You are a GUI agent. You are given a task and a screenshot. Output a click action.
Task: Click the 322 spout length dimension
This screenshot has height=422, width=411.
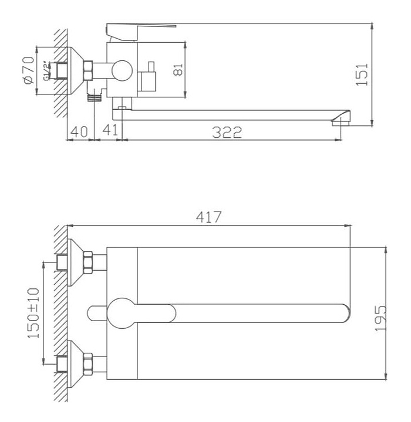tap(227, 132)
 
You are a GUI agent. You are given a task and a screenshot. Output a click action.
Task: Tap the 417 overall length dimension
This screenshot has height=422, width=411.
tap(209, 217)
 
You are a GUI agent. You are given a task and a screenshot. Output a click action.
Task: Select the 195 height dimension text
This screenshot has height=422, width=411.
tap(380, 318)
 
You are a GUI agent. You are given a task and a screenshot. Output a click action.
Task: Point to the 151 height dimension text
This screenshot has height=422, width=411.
tap(362, 74)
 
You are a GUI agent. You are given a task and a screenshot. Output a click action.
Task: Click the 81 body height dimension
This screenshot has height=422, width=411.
tap(178, 69)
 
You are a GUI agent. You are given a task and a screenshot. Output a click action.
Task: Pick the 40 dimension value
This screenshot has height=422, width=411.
tap(79, 131)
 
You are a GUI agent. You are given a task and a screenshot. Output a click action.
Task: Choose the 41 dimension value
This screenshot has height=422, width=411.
tap(110, 130)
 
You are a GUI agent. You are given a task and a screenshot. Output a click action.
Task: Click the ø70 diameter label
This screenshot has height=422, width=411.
tap(29, 70)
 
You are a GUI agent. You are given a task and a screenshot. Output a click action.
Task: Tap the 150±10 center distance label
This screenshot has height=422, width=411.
tap(33, 313)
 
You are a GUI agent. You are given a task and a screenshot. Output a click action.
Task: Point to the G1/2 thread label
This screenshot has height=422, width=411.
tap(46, 71)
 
